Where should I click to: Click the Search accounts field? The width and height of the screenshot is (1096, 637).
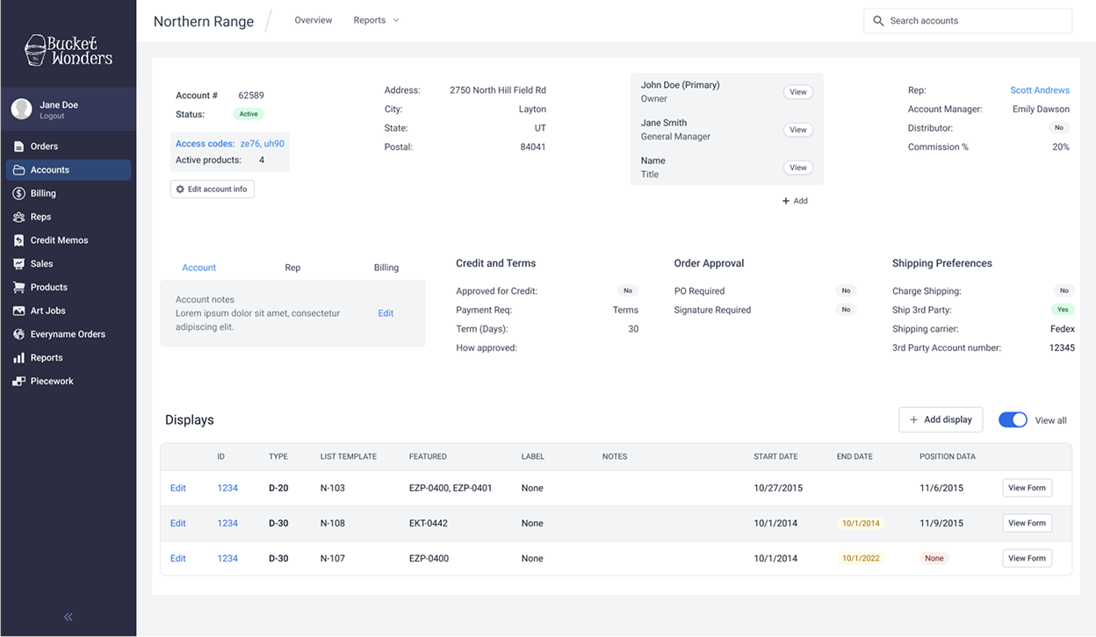[968, 20]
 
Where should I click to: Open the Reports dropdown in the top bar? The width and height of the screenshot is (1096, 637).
[376, 20]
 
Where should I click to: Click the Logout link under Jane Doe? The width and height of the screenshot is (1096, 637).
[52, 116]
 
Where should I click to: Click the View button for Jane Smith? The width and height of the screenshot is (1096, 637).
[798, 130]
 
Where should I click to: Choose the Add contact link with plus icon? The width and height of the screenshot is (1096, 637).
[795, 201]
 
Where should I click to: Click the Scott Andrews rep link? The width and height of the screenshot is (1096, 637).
[1040, 90]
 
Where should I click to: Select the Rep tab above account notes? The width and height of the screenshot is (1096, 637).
[292, 268]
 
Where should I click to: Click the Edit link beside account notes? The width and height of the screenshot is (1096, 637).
[386, 313]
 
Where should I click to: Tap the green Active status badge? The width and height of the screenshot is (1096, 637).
[249, 114]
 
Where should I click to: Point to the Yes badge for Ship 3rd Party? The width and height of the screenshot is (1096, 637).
[1063, 310]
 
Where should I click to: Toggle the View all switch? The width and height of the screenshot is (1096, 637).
[1013, 420]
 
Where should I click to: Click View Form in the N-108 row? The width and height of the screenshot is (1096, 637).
[1027, 523]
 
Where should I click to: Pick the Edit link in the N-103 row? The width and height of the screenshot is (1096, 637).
[177, 488]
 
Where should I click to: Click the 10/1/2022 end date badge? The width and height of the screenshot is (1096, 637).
[861, 558]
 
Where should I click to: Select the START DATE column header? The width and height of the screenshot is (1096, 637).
[775, 456]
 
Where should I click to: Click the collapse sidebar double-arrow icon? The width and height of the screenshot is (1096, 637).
[68, 617]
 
